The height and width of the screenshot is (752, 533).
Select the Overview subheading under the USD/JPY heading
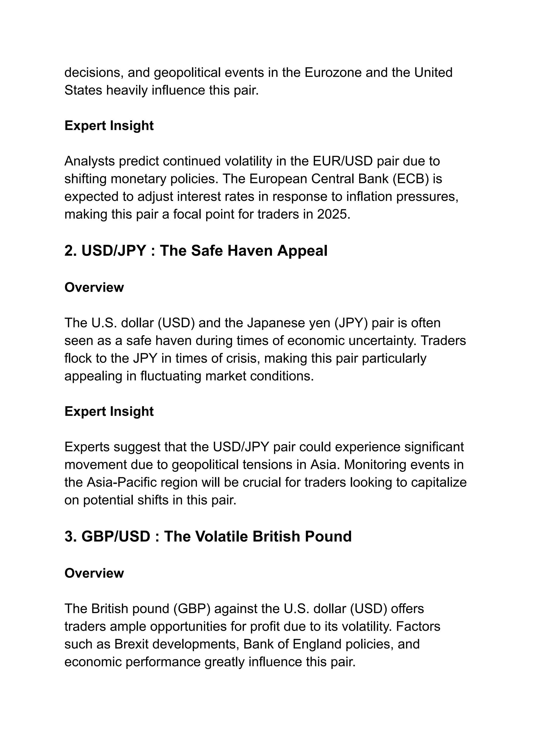94,287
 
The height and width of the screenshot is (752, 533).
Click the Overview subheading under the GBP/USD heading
94,573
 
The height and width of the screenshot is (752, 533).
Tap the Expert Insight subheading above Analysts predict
109,126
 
